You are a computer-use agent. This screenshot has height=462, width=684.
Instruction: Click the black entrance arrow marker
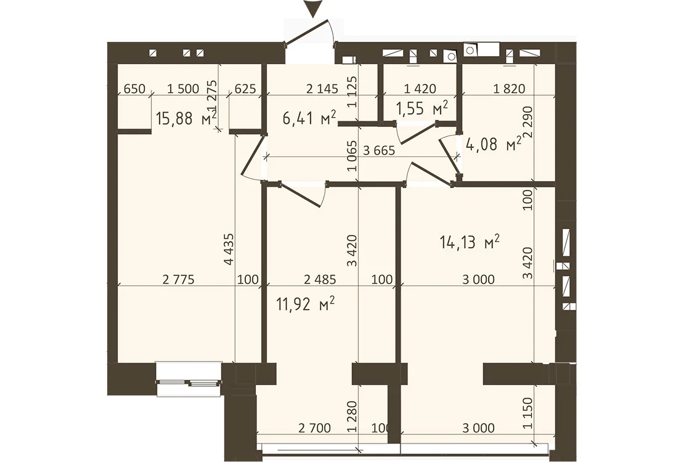(x=312, y=9)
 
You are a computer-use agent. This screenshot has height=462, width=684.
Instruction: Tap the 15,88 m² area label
(x=186, y=118)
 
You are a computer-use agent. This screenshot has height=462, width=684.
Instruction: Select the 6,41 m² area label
(x=309, y=117)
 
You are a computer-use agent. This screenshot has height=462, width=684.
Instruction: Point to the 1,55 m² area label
(x=422, y=108)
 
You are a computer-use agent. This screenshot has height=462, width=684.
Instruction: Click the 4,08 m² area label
(x=494, y=144)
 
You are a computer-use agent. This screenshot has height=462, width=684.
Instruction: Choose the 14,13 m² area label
(x=470, y=241)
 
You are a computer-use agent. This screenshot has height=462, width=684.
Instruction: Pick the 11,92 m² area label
(x=306, y=303)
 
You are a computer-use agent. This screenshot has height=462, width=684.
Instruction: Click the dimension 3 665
(x=378, y=150)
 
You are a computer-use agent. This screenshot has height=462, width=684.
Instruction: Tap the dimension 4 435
(x=229, y=249)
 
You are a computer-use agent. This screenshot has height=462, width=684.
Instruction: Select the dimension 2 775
(x=179, y=279)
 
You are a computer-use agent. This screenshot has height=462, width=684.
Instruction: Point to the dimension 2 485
(x=320, y=279)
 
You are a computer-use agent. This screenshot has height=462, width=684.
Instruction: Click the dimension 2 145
(x=322, y=89)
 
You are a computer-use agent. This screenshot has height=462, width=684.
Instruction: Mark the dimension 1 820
(x=509, y=89)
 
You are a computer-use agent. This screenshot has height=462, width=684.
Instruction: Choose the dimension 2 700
(x=314, y=428)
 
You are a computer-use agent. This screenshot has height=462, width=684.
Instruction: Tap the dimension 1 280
(x=352, y=416)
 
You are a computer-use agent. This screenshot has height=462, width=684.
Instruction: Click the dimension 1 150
(x=528, y=413)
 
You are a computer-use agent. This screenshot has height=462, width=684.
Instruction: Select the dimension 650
(x=134, y=89)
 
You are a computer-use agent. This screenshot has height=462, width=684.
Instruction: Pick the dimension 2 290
(x=528, y=122)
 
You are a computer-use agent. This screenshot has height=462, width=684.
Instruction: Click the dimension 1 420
(x=420, y=89)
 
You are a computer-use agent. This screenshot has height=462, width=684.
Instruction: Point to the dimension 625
(x=245, y=89)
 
